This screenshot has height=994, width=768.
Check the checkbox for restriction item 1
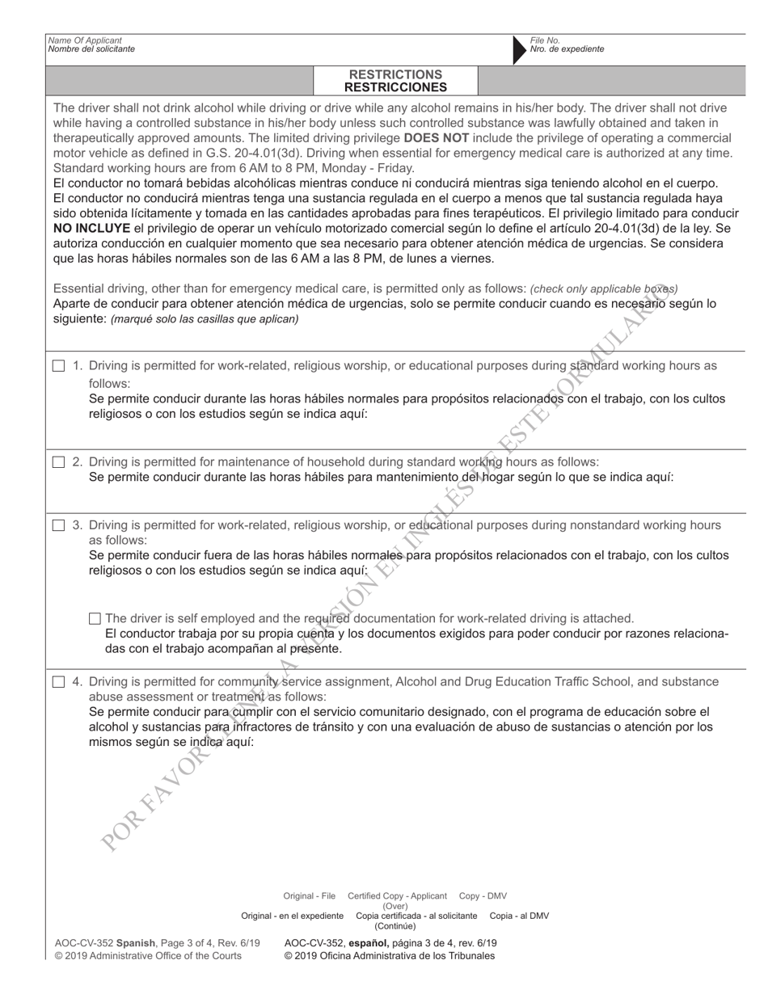[58, 366]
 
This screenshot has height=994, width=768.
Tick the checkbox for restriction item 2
[58, 462]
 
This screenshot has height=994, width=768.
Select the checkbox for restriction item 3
[58, 525]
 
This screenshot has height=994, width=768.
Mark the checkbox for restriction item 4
[58, 682]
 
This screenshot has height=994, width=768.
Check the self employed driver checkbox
[95, 619]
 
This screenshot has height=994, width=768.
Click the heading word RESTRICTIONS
[395, 74]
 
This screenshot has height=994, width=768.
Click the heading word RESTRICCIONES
[395, 87]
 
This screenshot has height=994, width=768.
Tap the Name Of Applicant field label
[85, 40]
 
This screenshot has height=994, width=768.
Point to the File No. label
[545, 40]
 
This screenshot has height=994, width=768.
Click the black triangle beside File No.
[519, 48]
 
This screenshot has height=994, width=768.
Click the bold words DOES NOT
[438, 137]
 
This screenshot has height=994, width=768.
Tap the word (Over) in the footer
[395, 906]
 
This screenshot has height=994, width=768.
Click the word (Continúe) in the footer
[395, 926]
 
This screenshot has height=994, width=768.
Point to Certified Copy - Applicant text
[397, 896]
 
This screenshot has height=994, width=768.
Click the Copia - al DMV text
[519, 916]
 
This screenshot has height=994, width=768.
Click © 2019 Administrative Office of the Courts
[148, 956]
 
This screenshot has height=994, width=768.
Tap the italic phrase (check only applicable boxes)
[604, 289]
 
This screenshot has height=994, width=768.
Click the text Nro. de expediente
[567, 49]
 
